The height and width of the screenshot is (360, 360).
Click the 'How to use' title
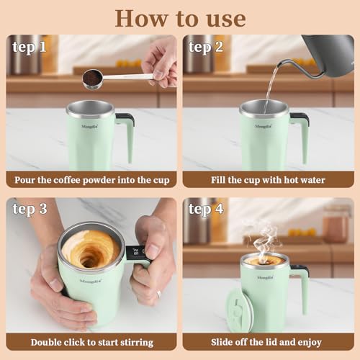click(x=180, y=17)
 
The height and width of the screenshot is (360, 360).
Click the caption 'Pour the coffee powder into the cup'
click(x=91, y=179)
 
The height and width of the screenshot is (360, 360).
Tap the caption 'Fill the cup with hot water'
click(x=268, y=179)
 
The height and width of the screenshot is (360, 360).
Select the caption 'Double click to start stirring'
click(x=91, y=342)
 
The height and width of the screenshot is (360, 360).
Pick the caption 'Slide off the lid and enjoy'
click(x=268, y=342)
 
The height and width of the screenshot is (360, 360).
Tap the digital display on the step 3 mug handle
click(x=135, y=252)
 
